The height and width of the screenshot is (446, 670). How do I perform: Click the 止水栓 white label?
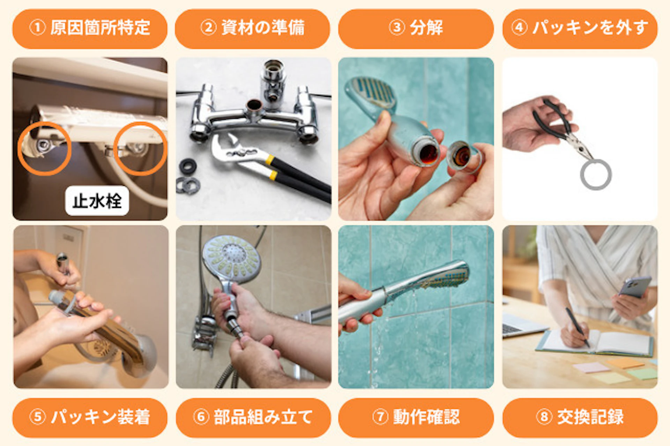[x=97, y=201]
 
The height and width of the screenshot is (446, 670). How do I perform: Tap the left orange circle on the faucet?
[x=44, y=148]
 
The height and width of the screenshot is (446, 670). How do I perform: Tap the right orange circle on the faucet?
[x=140, y=148]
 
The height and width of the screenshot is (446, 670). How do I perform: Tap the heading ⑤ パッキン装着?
[x=90, y=417]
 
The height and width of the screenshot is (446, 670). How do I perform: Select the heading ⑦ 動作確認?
[x=416, y=417]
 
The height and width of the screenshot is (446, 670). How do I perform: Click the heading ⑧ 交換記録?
[x=580, y=417]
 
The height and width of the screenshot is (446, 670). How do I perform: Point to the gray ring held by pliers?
[x=595, y=174]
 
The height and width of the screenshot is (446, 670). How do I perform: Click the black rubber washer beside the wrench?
[x=188, y=166]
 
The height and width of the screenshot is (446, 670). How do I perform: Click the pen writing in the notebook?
[x=578, y=326]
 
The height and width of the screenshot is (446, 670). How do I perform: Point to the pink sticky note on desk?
[x=591, y=367]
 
